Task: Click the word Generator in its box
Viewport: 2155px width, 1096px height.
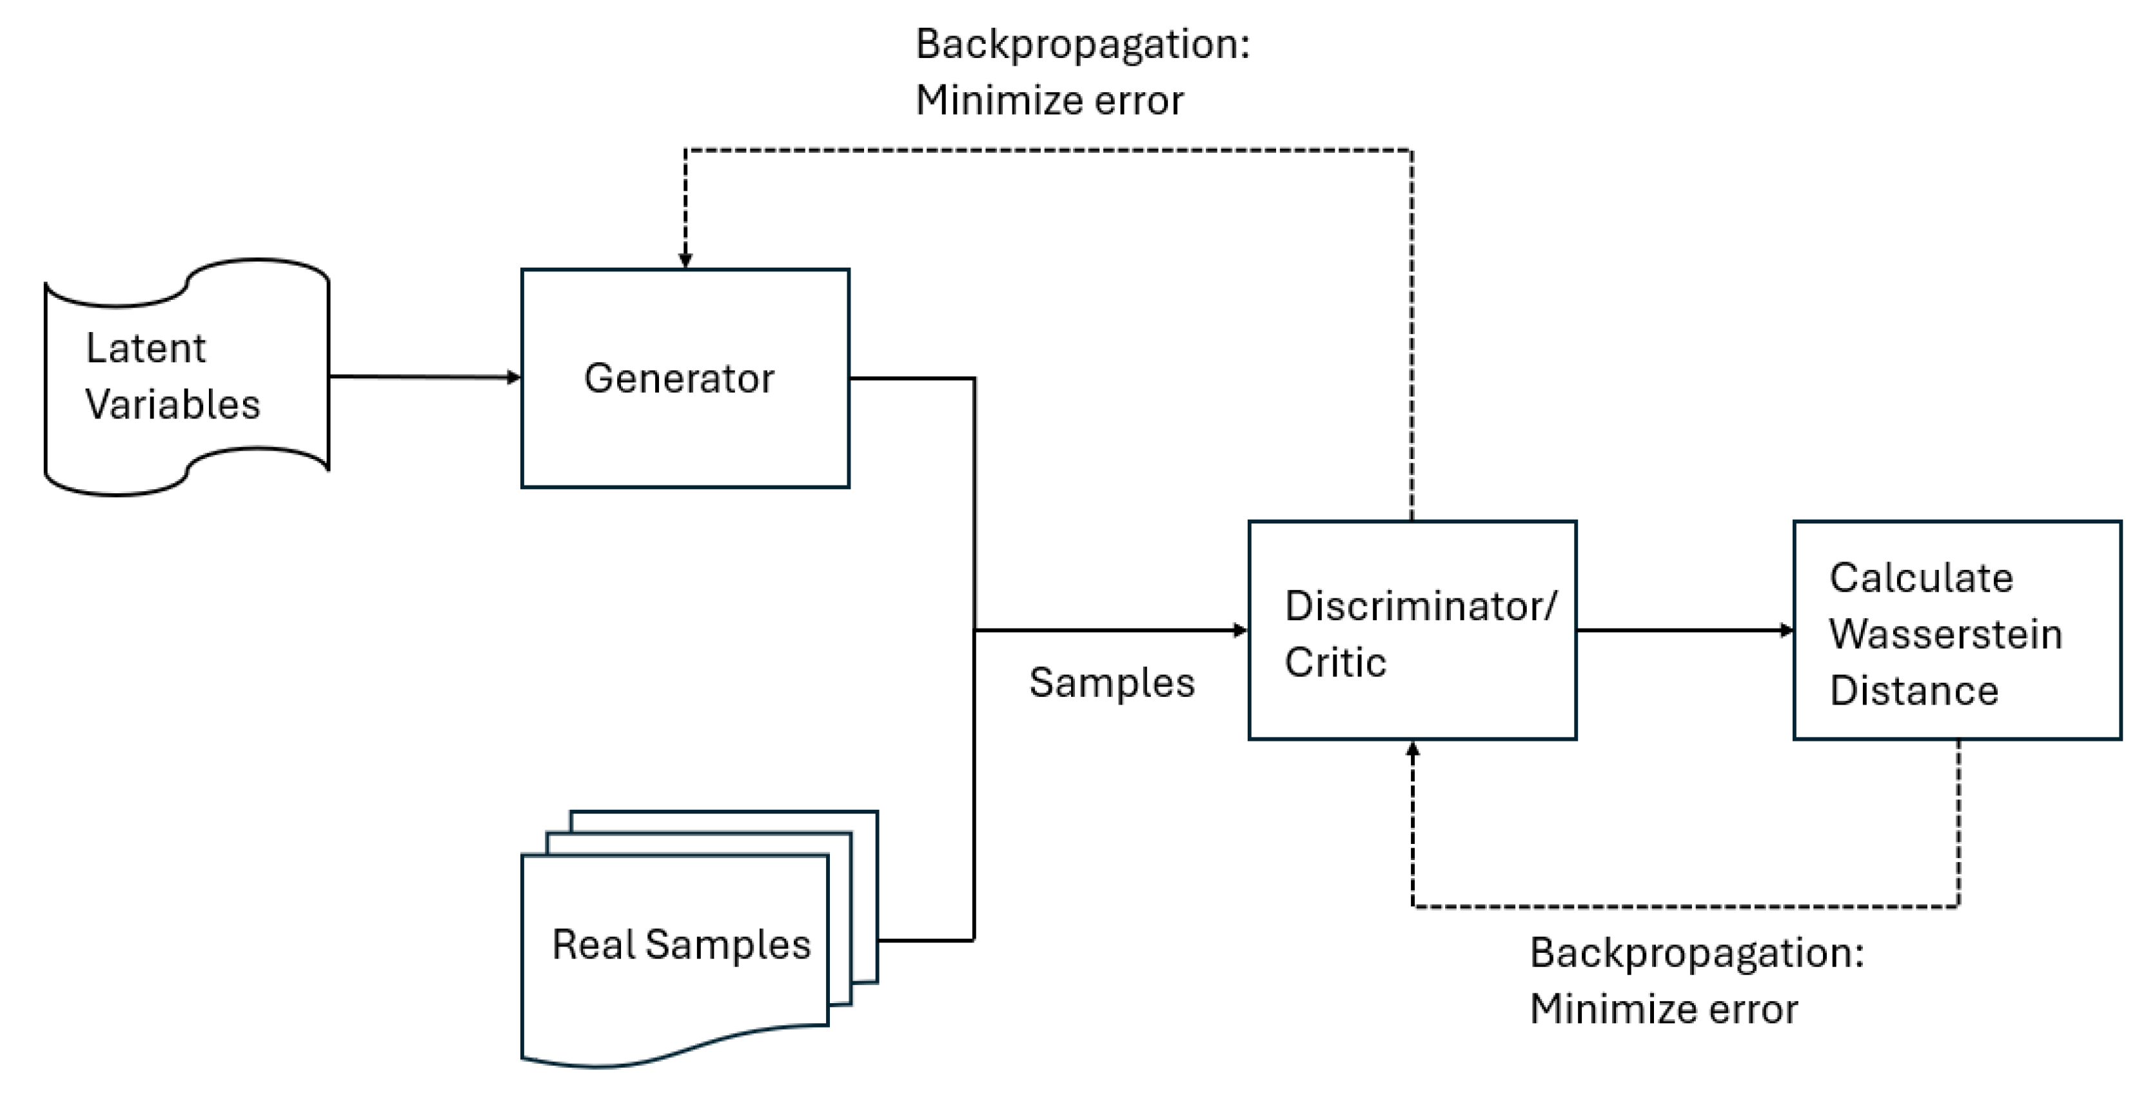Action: [x=678, y=378]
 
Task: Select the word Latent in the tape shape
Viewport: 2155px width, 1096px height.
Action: [x=146, y=348]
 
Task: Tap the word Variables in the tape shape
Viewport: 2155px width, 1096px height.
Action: [x=172, y=405]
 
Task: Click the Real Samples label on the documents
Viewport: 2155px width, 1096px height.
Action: [x=681, y=944]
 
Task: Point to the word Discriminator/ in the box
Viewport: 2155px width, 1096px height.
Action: [x=1420, y=606]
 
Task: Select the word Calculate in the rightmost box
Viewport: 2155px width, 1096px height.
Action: [x=1921, y=577]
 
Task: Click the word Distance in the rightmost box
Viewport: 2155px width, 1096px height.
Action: [x=1913, y=691]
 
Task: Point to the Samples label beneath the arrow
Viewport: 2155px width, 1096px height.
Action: [x=1111, y=683]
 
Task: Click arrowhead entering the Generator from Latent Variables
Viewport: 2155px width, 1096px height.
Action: [x=514, y=377]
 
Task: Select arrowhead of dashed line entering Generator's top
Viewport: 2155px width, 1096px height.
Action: [x=685, y=260]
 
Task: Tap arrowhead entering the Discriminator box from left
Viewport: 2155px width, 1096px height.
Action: [x=1241, y=630]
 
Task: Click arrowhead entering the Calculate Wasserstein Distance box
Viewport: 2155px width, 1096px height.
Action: [x=1786, y=630]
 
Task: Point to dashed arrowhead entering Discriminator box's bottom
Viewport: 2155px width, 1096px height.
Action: [x=1413, y=750]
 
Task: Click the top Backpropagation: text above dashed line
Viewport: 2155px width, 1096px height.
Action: [x=1083, y=43]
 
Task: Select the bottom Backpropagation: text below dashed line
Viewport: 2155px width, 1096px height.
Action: [x=1697, y=952]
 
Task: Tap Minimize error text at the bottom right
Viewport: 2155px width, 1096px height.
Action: [x=1663, y=1009]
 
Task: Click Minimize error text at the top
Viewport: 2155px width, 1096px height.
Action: [x=1049, y=101]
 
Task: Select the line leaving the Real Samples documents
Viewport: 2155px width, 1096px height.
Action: [x=925, y=941]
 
